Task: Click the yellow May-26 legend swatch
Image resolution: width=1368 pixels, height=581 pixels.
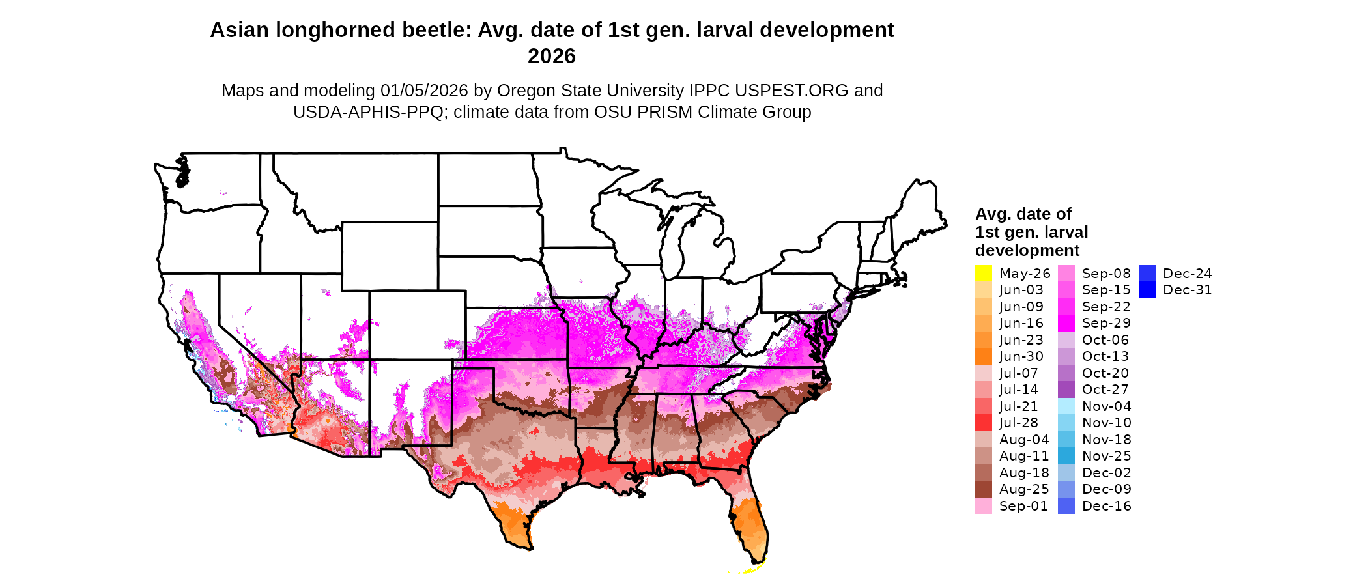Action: pyautogui.click(x=983, y=274)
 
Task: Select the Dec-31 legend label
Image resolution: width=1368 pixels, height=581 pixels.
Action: pyautogui.click(x=1187, y=290)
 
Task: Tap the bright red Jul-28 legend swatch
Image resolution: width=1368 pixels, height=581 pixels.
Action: pyautogui.click(x=983, y=423)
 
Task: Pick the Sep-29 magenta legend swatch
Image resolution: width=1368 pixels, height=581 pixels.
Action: pyautogui.click(x=1066, y=323)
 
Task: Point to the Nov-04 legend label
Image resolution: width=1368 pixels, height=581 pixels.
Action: pyautogui.click(x=1106, y=406)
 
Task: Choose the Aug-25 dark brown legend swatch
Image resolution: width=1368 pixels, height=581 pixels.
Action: pyautogui.click(x=983, y=489)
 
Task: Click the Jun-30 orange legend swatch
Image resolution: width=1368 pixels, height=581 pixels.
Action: pyautogui.click(x=983, y=356)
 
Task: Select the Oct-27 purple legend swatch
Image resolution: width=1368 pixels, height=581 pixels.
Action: pyautogui.click(x=1066, y=390)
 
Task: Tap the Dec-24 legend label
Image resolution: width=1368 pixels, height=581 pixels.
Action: pyautogui.click(x=1187, y=274)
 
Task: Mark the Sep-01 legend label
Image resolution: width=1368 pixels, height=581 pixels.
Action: pyautogui.click(x=1023, y=506)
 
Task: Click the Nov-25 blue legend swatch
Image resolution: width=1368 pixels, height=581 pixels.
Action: pyautogui.click(x=1066, y=456)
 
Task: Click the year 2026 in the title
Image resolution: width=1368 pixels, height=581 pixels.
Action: pyautogui.click(x=552, y=57)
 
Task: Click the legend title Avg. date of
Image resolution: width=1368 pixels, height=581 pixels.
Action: pyautogui.click(x=1023, y=214)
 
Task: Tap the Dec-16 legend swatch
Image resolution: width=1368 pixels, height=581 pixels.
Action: pyautogui.click(x=1066, y=506)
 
